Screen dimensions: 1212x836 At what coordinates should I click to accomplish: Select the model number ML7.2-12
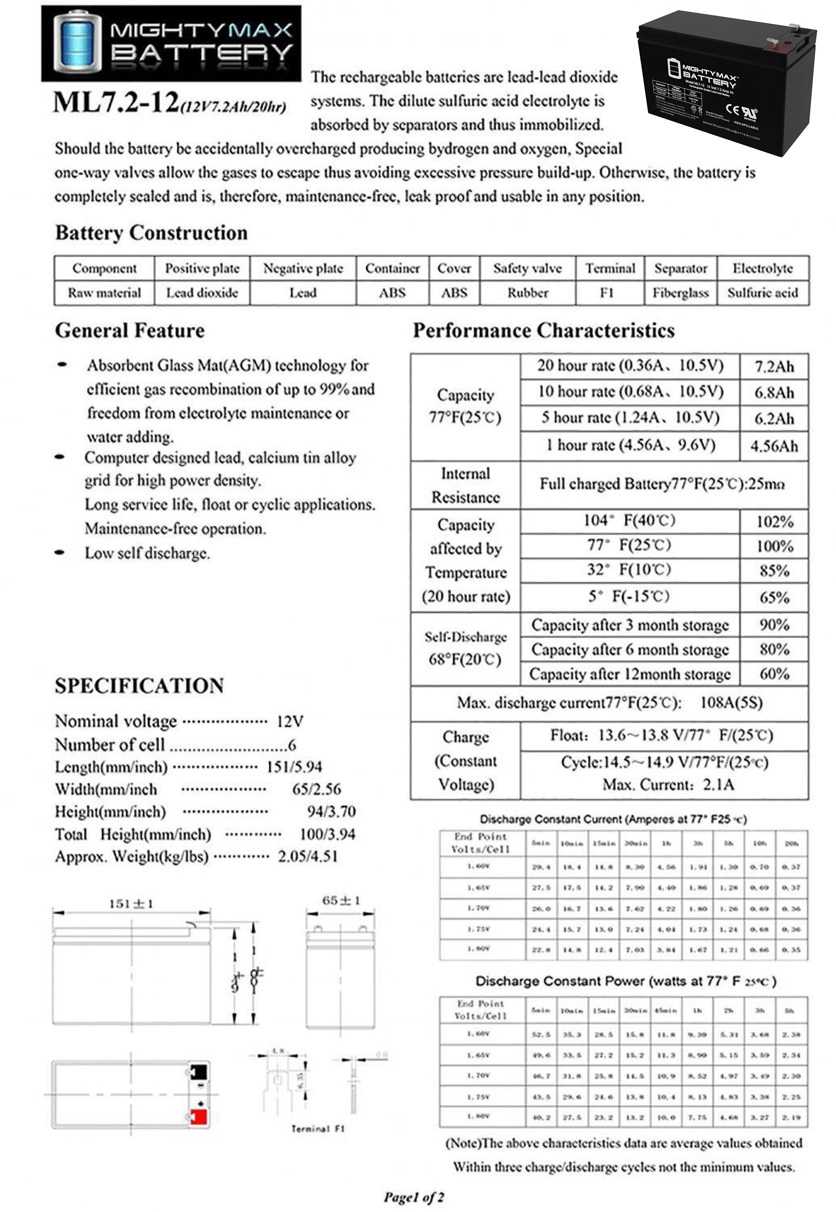(116, 102)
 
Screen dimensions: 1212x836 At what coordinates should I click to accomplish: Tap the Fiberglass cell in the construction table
(680, 293)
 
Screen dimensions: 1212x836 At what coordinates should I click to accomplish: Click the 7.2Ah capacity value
(773, 366)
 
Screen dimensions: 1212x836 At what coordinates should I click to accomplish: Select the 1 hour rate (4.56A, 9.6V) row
(630, 445)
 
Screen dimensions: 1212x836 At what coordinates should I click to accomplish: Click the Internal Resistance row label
(465, 485)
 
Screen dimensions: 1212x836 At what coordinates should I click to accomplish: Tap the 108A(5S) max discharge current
(731, 703)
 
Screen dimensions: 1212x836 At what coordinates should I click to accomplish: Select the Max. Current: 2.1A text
(668, 784)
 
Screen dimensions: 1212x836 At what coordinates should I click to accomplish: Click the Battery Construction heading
(151, 233)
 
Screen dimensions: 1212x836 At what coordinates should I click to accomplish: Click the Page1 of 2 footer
(414, 1197)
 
